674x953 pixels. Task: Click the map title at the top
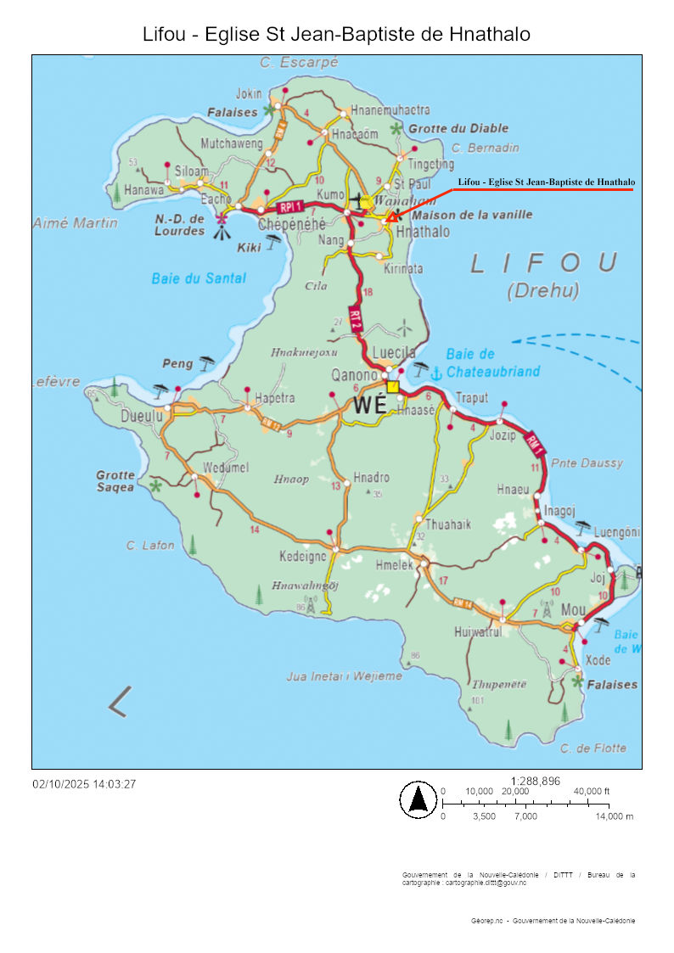pyautogui.click(x=337, y=34)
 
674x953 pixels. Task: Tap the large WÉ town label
pyautogui.click(x=370, y=406)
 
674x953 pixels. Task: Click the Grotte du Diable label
pyautogui.click(x=458, y=128)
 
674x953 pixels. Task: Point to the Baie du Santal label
pyautogui.click(x=199, y=277)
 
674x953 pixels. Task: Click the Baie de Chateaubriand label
pyautogui.click(x=493, y=362)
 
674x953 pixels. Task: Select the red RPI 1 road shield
pyautogui.click(x=289, y=207)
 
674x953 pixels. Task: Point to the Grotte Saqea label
pyautogui.click(x=115, y=481)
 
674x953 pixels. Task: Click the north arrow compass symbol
pyautogui.click(x=418, y=799)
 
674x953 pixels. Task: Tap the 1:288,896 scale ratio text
pyautogui.click(x=536, y=781)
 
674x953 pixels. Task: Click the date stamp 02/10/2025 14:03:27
pyautogui.click(x=84, y=784)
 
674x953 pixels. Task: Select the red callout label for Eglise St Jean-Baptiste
pyautogui.click(x=546, y=182)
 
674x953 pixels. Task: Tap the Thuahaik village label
pyautogui.click(x=447, y=524)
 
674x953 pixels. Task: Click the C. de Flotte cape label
pyautogui.click(x=593, y=748)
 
